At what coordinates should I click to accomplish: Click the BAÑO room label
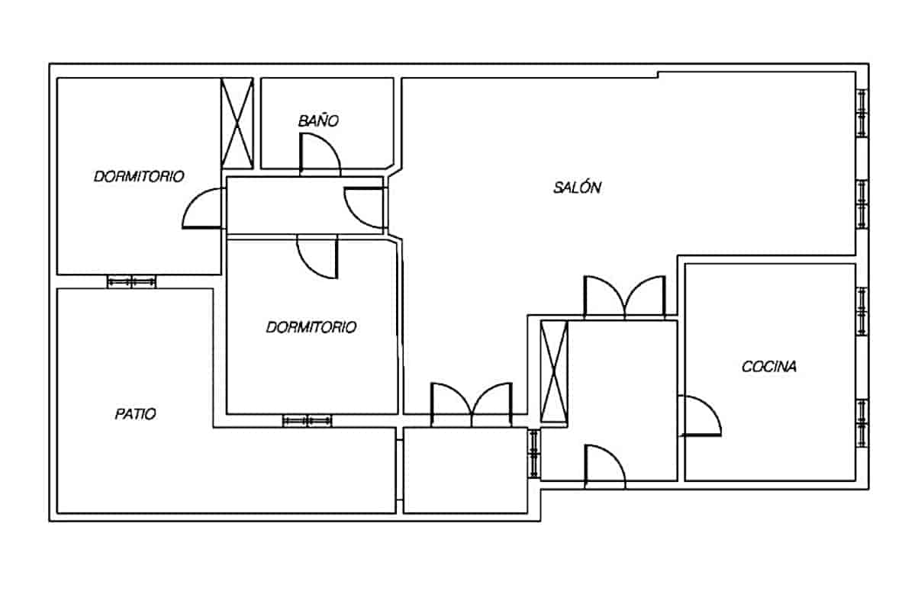click(x=318, y=120)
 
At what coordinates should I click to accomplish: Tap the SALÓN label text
click(x=577, y=188)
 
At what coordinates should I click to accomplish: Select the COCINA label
click(x=769, y=367)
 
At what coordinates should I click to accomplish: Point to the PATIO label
click(x=136, y=414)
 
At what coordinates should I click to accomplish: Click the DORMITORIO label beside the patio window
click(x=139, y=176)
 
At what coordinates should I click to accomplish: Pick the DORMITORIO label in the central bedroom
click(x=311, y=327)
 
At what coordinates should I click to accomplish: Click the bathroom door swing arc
click(x=320, y=153)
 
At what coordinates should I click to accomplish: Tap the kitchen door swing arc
click(x=700, y=416)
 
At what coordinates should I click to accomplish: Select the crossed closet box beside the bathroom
click(x=237, y=122)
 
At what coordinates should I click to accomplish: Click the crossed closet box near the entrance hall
click(x=553, y=373)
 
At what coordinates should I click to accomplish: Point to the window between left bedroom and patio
click(x=131, y=281)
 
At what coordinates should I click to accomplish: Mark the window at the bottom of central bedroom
click(x=308, y=421)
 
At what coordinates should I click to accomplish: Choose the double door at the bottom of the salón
click(x=472, y=403)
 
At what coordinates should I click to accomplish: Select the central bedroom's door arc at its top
click(x=317, y=258)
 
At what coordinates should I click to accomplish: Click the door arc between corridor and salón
click(x=364, y=207)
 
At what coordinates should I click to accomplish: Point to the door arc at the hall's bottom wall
click(x=604, y=466)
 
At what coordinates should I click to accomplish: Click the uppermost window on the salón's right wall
click(x=862, y=113)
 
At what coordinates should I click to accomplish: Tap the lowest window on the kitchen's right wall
click(x=862, y=422)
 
